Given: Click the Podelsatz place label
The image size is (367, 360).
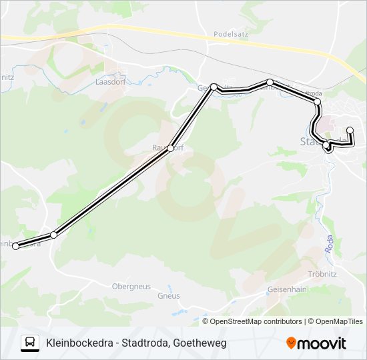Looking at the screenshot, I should (231, 33).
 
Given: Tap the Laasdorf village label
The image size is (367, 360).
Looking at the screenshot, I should (111, 82).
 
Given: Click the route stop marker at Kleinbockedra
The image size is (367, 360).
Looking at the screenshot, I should (15, 247).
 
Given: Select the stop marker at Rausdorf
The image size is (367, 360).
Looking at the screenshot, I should (171, 148).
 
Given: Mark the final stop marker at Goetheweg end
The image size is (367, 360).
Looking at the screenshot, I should (350, 130).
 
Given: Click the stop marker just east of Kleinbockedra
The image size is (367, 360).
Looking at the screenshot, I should (54, 235).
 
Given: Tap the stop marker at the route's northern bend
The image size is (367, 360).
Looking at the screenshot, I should (214, 87).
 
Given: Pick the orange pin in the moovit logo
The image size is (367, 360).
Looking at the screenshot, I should (292, 343).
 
